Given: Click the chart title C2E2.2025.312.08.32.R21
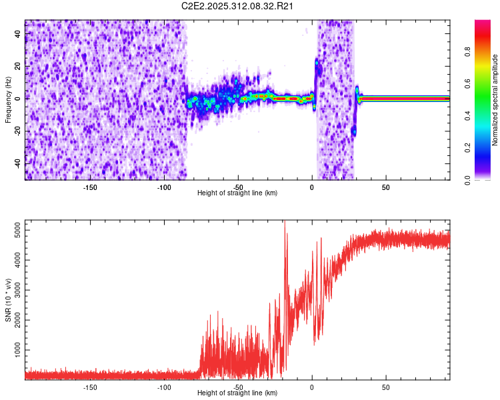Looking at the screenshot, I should [238, 6].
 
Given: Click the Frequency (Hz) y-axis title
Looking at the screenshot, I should [8, 100].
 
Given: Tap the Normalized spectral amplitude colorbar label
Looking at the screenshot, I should [495, 100].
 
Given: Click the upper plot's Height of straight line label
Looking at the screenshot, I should [237, 193].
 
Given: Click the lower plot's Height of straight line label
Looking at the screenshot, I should [237, 393].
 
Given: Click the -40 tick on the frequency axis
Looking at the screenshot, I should [17, 163].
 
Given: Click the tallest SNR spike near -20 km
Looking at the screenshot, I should [285, 223].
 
